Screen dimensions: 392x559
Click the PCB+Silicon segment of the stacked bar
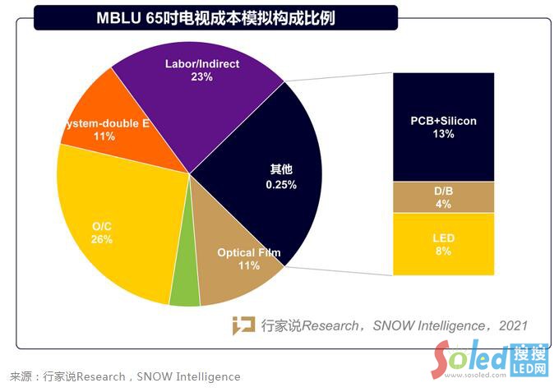443,127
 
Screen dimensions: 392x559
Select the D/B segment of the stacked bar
443,197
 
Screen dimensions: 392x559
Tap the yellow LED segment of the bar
443,244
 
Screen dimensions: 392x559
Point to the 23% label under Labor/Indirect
201,77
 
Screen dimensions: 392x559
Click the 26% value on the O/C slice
102,239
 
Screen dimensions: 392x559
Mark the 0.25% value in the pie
281,185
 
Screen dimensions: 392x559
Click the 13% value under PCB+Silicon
444,134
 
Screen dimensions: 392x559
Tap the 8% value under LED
444,251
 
